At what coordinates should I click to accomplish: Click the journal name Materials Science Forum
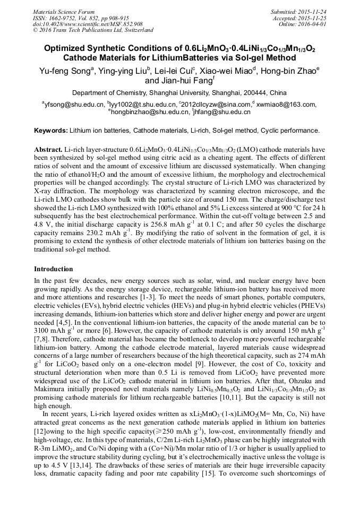coord(64,11)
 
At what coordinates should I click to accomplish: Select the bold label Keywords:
coord(51,131)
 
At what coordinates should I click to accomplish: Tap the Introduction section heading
coord(54,269)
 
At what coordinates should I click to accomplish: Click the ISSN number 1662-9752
coord(68,18)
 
